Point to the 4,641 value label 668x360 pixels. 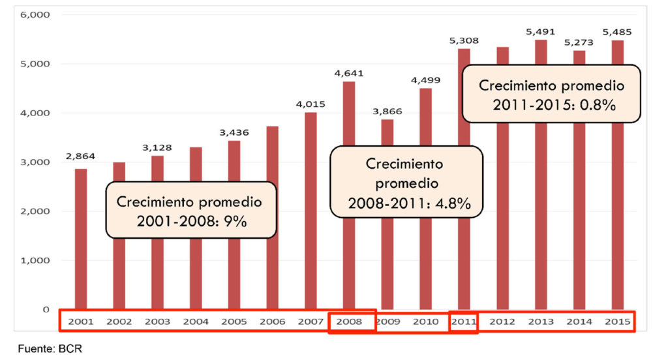pos(348,73)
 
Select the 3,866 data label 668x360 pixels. pos(387,112)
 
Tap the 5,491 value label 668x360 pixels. pos(541,31)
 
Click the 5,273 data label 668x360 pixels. pos(579,41)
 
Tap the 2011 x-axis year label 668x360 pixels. pos(464,322)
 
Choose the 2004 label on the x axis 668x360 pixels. pos(196,322)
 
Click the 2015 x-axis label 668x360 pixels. pos(617,322)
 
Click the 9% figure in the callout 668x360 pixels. pos(235,222)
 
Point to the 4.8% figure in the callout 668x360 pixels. pos(453,203)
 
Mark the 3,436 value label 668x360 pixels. pos(234,132)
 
